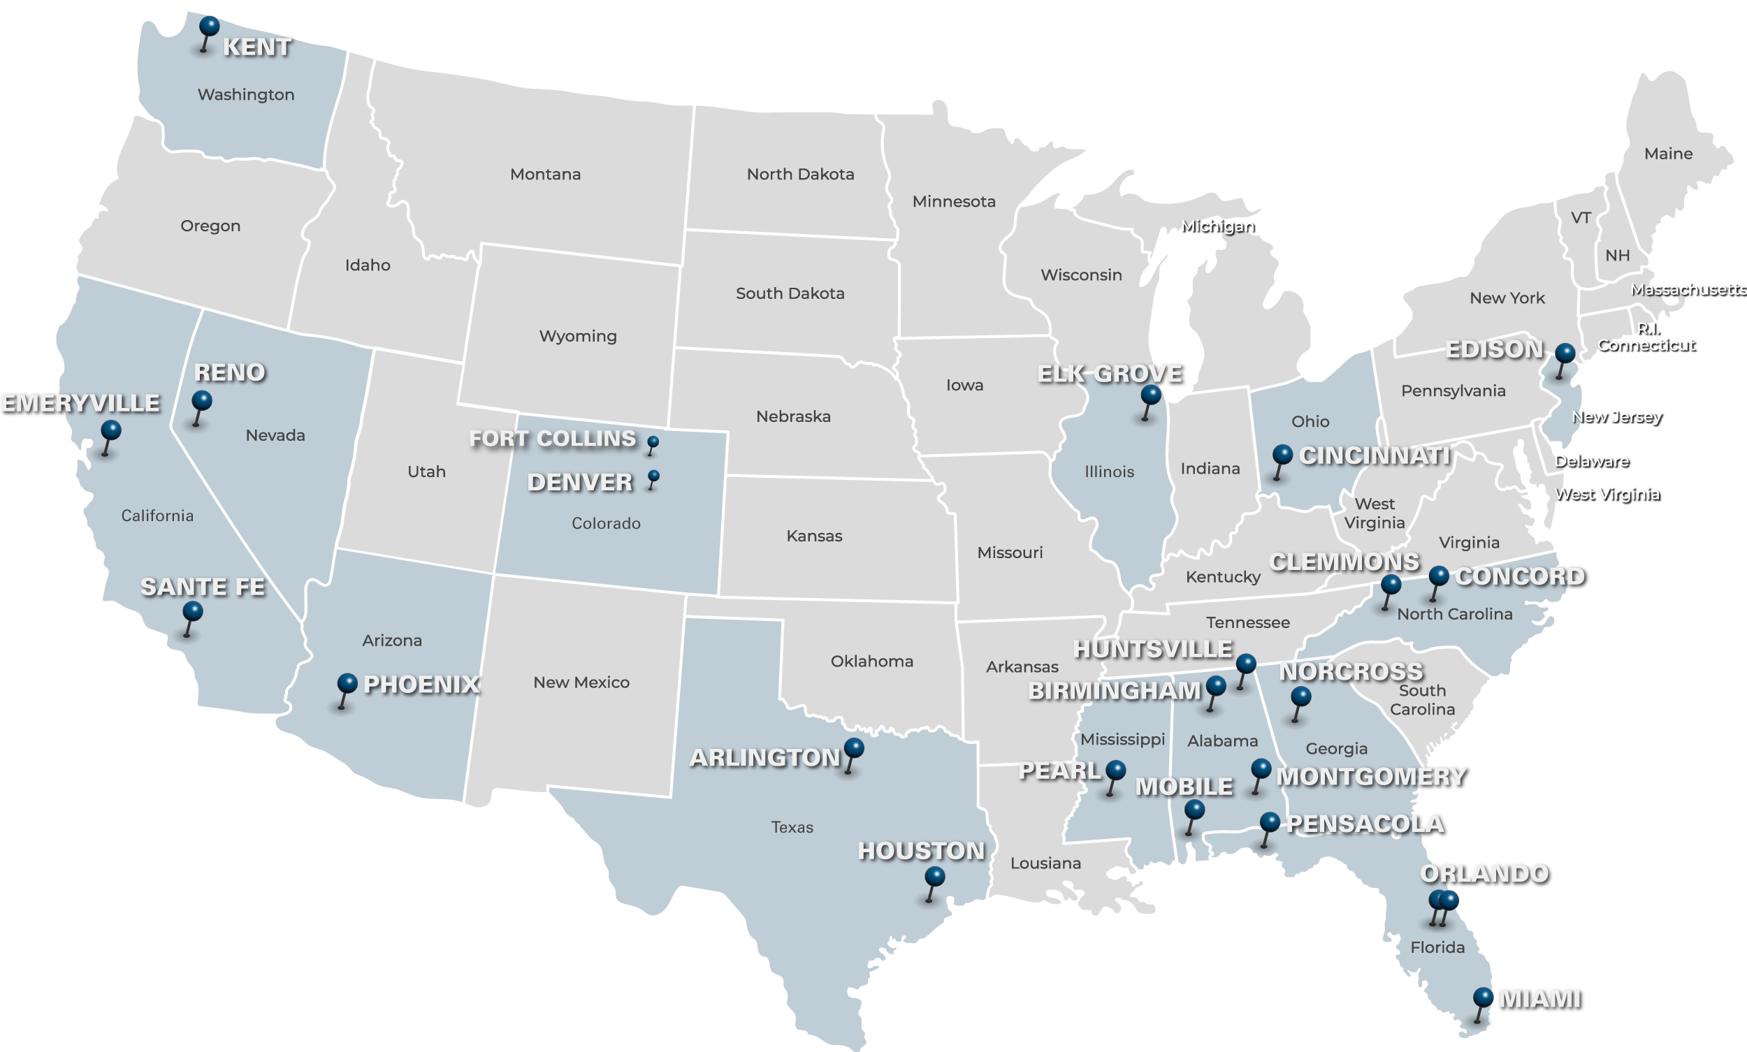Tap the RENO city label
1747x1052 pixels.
[230, 372]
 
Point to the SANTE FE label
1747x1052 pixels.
[203, 587]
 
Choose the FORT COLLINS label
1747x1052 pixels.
[552, 439]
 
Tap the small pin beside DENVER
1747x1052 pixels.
[653, 476]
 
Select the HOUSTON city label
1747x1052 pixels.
[921, 851]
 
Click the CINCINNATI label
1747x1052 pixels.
[1374, 456]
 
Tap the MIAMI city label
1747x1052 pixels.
[1539, 999]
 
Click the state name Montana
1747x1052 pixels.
[545, 175]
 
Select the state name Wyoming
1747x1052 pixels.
[578, 336]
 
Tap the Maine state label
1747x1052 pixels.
[1668, 154]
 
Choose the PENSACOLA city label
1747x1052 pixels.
[1365, 824]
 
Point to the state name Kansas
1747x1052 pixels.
[814, 536]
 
